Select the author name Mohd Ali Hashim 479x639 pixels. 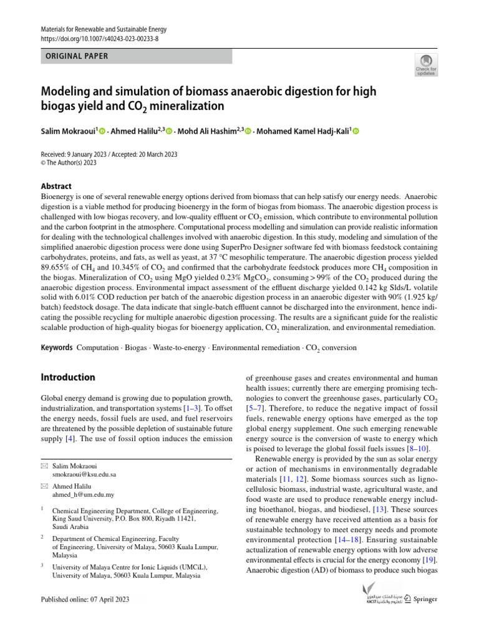(x=208, y=131)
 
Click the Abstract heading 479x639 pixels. (x=56, y=186)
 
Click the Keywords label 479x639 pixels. (x=57, y=348)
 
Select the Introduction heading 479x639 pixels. (x=68, y=378)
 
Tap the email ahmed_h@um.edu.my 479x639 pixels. (x=83, y=494)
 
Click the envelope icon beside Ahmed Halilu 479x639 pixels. (x=44, y=485)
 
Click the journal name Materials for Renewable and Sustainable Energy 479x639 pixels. (x=104, y=29)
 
